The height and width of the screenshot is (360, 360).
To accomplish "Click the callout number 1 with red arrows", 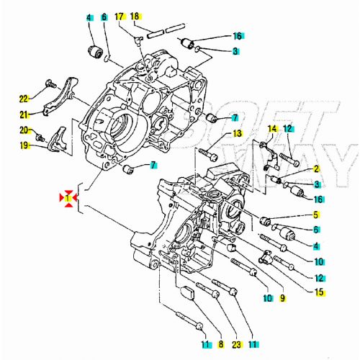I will [x=67, y=197].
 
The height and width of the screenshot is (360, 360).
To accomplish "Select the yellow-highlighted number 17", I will [x=120, y=16].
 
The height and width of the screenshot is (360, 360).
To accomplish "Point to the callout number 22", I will [x=23, y=99].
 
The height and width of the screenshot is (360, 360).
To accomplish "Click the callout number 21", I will [x=23, y=114].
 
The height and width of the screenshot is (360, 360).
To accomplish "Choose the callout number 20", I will [x=23, y=130].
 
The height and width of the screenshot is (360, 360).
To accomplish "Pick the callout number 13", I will [x=237, y=134].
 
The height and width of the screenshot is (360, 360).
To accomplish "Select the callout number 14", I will [x=272, y=129].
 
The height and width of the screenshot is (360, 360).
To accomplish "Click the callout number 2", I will [x=315, y=169].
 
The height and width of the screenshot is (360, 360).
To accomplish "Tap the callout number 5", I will [x=315, y=215].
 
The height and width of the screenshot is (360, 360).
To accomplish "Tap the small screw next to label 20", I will [x=40, y=137].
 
